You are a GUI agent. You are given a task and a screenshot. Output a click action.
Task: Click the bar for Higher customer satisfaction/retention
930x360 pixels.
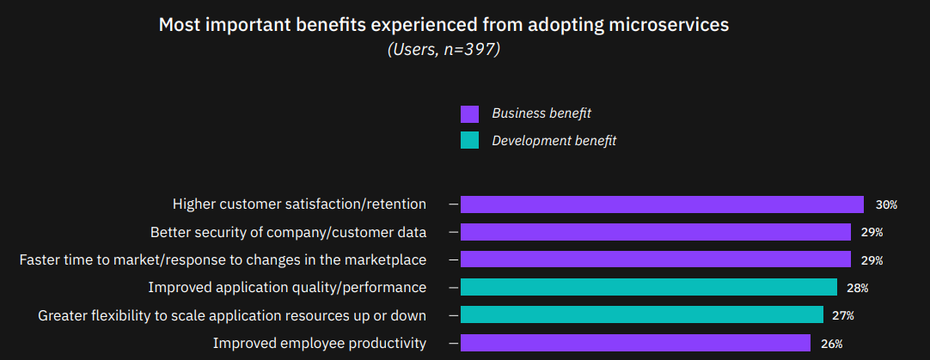(x=662, y=204)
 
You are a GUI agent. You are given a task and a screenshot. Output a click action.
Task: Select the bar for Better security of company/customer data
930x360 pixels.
(x=655, y=232)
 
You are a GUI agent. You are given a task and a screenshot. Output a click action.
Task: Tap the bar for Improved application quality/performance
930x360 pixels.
(x=648, y=287)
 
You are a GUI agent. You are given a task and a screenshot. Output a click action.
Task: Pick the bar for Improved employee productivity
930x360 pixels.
(x=635, y=344)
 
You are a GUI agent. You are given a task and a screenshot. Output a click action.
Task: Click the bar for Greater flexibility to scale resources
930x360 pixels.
(x=641, y=315)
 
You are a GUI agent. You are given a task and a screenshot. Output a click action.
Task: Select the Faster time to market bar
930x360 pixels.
(x=655, y=259)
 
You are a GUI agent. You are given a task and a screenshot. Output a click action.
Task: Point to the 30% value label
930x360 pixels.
(x=886, y=205)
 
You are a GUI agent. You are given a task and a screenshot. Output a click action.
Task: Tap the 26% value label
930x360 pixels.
(x=831, y=345)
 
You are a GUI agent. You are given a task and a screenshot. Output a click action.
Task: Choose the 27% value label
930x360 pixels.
(x=843, y=316)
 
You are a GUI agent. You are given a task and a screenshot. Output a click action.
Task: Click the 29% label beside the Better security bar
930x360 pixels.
(x=872, y=233)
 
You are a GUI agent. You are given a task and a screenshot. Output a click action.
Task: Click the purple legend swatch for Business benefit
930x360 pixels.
(x=469, y=114)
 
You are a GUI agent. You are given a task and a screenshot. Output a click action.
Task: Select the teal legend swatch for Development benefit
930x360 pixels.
(x=469, y=140)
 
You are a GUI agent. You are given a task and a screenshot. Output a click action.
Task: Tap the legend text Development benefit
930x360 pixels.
(x=554, y=140)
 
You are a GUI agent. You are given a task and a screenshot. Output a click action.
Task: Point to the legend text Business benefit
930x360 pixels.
(x=541, y=113)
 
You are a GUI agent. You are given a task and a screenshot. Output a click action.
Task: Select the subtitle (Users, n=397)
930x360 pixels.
(x=444, y=50)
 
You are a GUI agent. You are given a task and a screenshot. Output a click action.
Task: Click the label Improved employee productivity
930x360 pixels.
(x=320, y=344)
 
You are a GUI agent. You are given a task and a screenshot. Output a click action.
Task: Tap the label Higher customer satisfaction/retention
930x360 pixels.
(x=299, y=204)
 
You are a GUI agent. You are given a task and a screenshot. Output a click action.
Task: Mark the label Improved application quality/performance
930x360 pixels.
(x=287, y=287)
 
